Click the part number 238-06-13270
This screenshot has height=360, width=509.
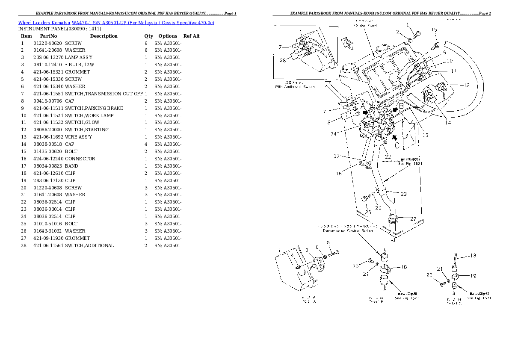pos(48,57)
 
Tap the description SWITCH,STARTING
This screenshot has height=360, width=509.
pos(87,130)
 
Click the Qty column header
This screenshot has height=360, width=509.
pos(148,36)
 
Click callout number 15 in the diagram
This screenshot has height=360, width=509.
pos(434,30)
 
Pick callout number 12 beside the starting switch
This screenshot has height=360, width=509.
pos(465,85)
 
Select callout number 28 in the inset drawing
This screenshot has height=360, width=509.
pos(283,60)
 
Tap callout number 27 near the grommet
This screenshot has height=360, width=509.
pos(413,218)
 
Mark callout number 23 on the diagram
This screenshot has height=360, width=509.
pos(403,194)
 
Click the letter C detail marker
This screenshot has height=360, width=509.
pos(397,145)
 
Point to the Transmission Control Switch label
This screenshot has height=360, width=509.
pos(347,230)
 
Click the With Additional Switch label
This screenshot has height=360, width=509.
pos(294,87)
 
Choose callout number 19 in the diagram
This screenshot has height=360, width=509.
pos(473,276)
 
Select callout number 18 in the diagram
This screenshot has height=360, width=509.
pos(403,267)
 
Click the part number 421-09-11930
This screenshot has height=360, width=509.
pos(48,238)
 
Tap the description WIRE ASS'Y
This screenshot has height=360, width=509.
pos(78,137)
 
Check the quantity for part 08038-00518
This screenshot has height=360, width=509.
pos(146,144)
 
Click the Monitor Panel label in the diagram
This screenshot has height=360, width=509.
pos(364,25)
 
